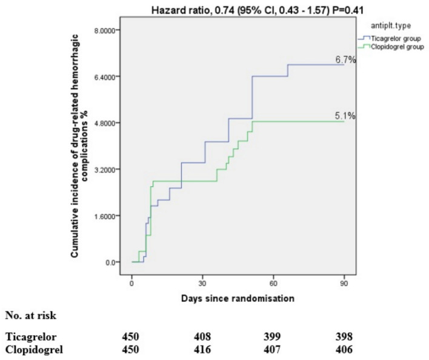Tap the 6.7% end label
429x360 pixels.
(345, 59)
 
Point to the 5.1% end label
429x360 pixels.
(345, 116)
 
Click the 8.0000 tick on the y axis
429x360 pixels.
(105, 30)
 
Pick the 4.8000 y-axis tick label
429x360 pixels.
(105, 123)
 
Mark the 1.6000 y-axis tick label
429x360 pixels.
(105, 216)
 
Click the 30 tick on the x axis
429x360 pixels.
(202, 284)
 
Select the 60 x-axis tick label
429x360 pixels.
(273, 284)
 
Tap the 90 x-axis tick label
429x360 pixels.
(344, 284)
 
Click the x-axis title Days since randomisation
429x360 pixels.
(238, 298)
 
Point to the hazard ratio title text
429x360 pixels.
(258, 10)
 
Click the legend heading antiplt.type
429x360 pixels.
(391, 25)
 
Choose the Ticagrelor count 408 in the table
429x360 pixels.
(202, 336)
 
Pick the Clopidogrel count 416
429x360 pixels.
(202, 349)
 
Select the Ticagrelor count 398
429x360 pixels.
(344, 336)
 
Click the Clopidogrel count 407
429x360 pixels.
(272, 349)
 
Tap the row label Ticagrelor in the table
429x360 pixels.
(31, 337)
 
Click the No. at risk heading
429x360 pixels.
(31, 315)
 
